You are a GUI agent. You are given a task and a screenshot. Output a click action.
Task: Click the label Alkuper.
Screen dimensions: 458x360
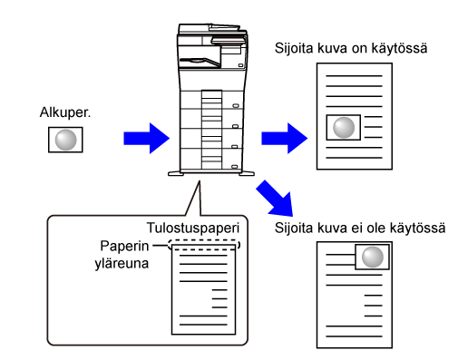pyautogui.click(x=65, y=112)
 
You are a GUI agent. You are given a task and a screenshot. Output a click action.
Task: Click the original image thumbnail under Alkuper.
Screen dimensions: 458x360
pyautogui.click(x=65, y=140)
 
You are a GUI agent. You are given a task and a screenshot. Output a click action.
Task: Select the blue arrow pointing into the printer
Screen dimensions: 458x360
pyautogui.click(x=147, y=139)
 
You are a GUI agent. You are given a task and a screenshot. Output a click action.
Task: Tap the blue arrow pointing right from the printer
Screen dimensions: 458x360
pyautogui.click(x=285, y=139)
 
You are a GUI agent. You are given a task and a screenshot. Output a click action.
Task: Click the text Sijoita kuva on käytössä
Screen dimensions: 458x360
pyautogui.click(x=351, y=48)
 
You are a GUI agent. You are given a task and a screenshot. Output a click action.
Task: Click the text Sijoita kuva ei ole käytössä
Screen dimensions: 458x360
pyautogui.click(x=360, y=228)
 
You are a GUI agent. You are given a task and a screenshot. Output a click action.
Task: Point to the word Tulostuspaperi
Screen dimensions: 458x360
pyautogui.click(x=193, y=229)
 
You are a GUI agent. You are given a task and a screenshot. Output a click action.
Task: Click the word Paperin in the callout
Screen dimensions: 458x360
pyautogui.click(x=124, y=246)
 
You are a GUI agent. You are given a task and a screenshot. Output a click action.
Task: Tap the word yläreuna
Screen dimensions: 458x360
pyautogui.click(x=122, y=264)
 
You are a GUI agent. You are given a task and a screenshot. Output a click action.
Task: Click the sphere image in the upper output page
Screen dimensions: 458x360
pyautogui.click(x=344, y=127)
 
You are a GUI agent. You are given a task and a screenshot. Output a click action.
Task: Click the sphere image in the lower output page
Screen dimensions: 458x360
pyautogui.click(x=372, y=257)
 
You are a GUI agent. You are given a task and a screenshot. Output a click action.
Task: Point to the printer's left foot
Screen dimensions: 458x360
pyautogui.click(x=176, y=174)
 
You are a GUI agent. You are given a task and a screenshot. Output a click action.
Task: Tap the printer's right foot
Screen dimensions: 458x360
pyautogui.click(x=247, y=173)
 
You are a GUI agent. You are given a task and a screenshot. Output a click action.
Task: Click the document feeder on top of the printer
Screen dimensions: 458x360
pyautogui.click(x=212, y=29)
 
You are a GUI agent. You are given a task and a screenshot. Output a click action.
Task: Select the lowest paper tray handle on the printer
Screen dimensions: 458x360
pyautogui.click(x=235, y=167)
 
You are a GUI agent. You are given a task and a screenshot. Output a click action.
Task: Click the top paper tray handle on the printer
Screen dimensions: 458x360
pyautogui.click(x=236, y=106)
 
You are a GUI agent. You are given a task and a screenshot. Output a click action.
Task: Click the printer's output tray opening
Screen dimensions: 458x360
pyautogui.click(x=200, y=62)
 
